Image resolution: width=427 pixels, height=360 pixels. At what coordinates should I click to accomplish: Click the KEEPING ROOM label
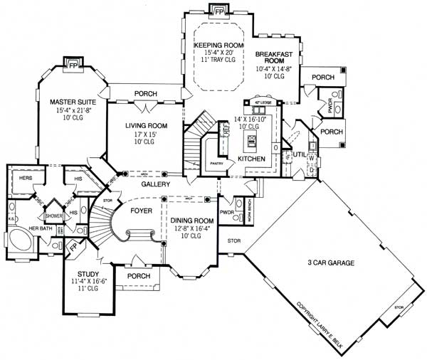coord(219,45)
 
